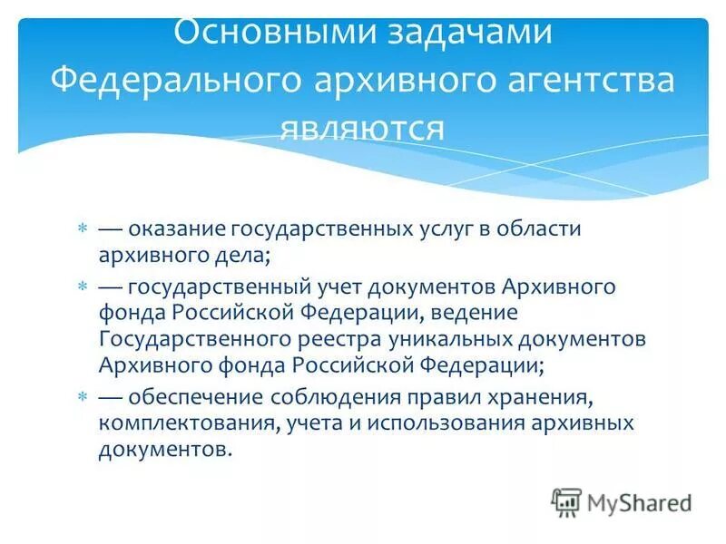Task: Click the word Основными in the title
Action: point(264,33)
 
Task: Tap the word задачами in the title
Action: point(463,33)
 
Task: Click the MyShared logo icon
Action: point(566,501)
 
